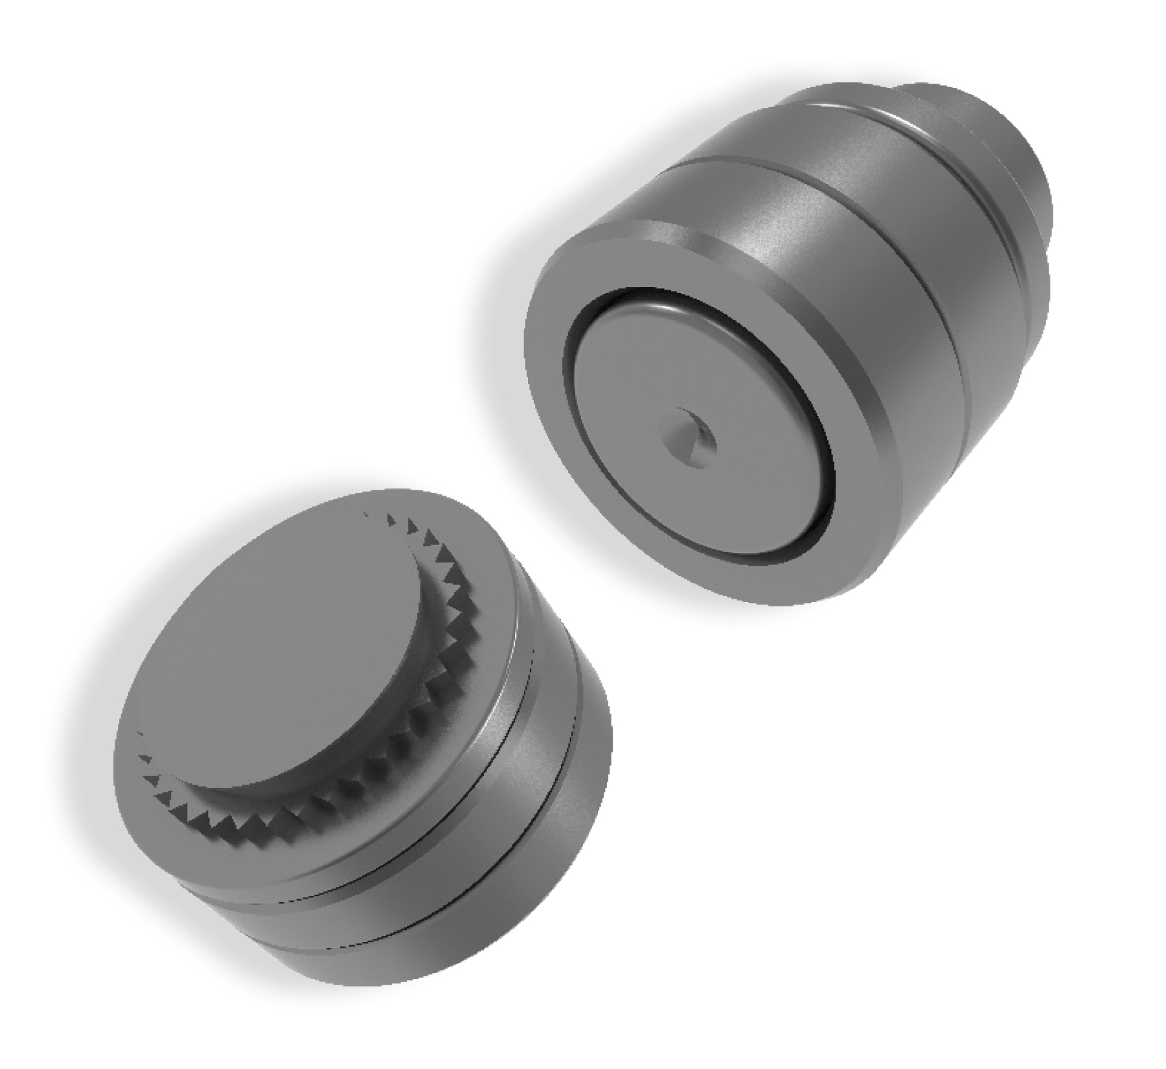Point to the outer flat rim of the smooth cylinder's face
(551, 415)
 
